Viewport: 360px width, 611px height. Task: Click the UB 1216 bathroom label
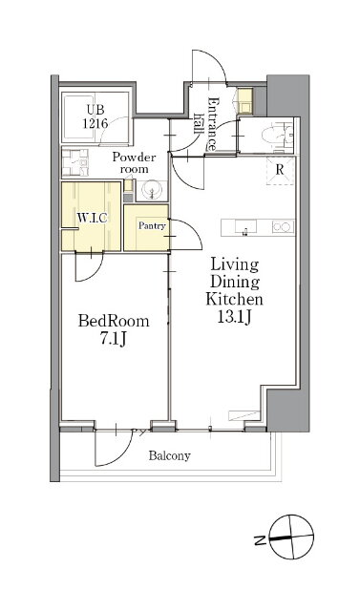pos(95,116)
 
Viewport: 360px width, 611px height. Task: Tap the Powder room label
pos(134,163)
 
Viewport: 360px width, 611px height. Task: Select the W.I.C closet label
pos(92,219)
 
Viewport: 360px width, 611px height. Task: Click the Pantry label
pos(153,225)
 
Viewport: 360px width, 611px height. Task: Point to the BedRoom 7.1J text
pos(114,330)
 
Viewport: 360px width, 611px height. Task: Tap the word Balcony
pos(169,455)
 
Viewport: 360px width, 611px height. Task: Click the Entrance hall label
pos(206,124)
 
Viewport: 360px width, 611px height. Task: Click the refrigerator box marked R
pos(279,170)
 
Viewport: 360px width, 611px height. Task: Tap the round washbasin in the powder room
pos(152,191)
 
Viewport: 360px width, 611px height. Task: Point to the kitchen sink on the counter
pos(245,227)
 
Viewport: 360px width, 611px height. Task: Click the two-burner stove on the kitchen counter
pos(283,227)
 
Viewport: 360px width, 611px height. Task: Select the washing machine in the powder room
pos(74,162)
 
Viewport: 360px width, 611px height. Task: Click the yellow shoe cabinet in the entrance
pos(245,100)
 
